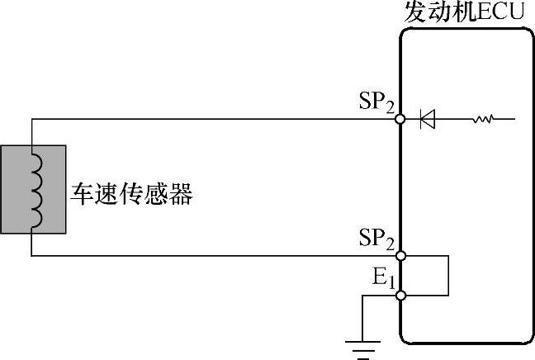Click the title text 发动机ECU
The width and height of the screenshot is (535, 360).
pyautogui.click(x=465, y=12)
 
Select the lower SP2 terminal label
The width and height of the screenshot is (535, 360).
pyautogui.click(x=376, y=239)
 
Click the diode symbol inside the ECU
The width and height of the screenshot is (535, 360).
pyautogui.click(x=427, y=119)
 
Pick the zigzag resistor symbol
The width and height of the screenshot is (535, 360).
pyautogui.click(x=482, y=119)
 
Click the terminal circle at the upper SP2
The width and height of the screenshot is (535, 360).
pyautogui.click(x=400, y=119)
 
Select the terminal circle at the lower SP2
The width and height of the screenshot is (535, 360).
pyautogui.click(x=400, y=256)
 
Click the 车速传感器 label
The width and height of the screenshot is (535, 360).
pyautogui.click(x=133, y=195)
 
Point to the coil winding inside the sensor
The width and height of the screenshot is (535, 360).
pyautogui.click(x=34, y=187)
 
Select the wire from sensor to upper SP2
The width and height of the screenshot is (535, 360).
pyautogui.click(x=215, y=119)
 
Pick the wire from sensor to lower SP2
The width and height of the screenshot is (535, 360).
pyautogui.click(x=215, y=256)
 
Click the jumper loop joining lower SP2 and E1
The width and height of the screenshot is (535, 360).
pyautogui.click(x=447, y=275)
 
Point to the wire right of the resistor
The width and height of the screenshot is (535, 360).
pyautogui.click(x=506, y=119)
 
